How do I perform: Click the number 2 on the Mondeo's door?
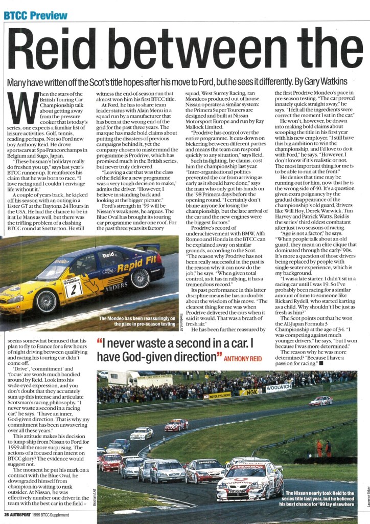click(73, 290)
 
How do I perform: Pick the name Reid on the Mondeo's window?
click(108, 254)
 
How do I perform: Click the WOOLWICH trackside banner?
click(278, 388)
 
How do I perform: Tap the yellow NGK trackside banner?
click(250, 391)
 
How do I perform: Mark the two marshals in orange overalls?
click(323, 448)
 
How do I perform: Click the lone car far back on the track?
click(320, 400)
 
